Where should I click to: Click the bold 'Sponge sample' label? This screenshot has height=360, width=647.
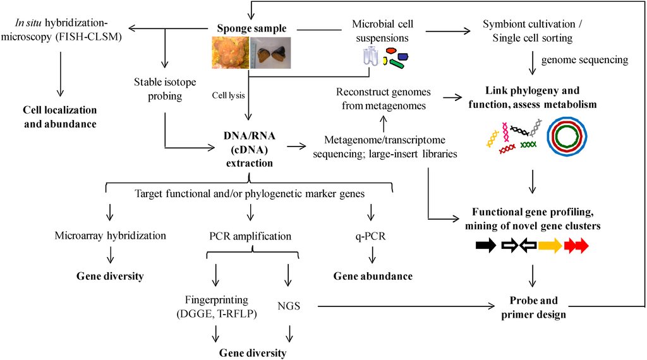pos(251,28)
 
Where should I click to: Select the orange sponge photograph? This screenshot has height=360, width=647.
pos(231,52)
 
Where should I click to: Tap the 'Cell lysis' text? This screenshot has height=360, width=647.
pos(228,95)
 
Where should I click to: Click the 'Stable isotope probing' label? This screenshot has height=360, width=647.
pos(165,88)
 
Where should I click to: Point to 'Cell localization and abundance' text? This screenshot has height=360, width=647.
pos(60,117)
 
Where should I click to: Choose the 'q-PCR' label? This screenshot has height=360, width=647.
pos(370,236)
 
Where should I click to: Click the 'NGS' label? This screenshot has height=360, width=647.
pos(289,306)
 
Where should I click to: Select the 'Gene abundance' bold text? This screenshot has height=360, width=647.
pos(373,276)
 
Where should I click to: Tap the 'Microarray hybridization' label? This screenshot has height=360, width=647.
pos(111,236)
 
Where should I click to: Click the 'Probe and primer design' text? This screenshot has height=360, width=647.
pos(533,307)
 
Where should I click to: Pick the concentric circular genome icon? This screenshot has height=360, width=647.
pos(567,137)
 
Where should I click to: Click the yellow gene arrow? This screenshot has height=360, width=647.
pos(550,246)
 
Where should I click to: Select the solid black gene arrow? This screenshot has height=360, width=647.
pos(486,246)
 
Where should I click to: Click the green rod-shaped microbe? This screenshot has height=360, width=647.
pos(397,64)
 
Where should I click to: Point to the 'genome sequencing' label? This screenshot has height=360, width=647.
pos(584,60)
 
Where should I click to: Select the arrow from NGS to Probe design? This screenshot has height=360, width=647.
pos(406,306)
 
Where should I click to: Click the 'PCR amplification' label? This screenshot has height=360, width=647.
pos(250,236)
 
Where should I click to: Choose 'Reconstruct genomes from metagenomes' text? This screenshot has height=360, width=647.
pos(384,99)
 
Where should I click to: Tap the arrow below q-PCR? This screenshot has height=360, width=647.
pos(372,255)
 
